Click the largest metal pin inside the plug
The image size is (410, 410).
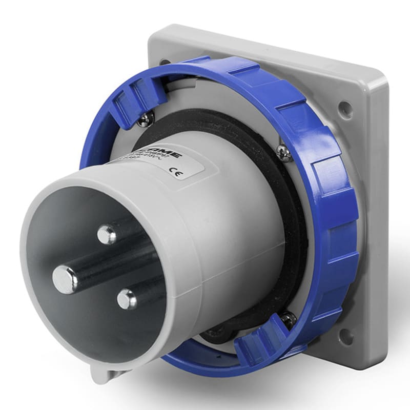point(66,279)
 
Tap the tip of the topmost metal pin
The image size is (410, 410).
point(107,234)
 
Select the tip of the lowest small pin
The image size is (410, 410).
point(126,299)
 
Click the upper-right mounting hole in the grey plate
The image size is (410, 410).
point(344,108)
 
